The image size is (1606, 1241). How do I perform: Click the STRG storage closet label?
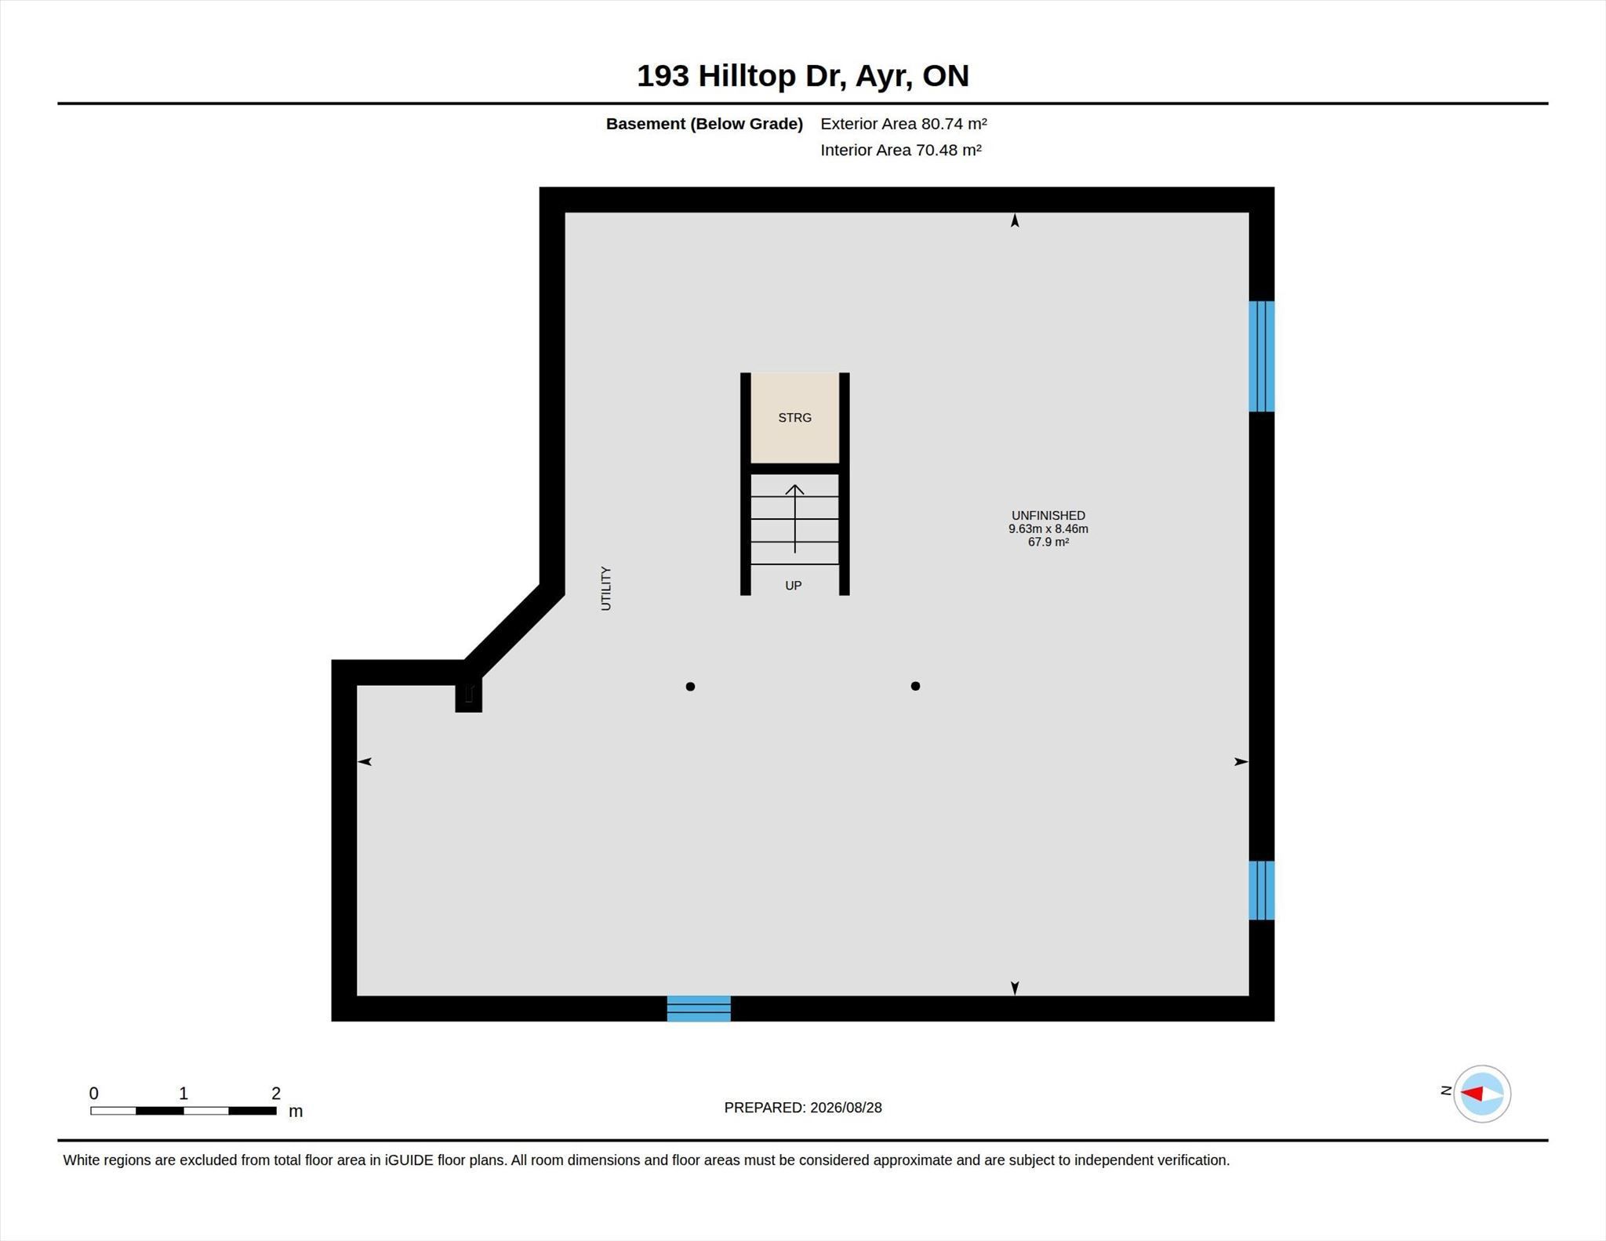pos(794,418)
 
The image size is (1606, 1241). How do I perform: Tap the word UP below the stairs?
pos(794,586)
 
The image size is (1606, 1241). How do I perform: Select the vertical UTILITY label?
pos(605,588)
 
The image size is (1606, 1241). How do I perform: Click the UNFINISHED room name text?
pos(1048,515)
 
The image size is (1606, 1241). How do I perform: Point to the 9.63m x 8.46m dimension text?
pos(1048,528)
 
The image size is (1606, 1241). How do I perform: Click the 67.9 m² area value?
pos(1048,542)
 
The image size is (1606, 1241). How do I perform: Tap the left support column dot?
pos(690,687)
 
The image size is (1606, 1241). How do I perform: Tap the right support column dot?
pos(915,686)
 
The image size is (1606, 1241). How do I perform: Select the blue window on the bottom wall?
pos(699,1008)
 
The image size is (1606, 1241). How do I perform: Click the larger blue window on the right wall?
pos(1262,356)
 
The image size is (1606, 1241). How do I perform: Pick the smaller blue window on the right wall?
pos(1262,890)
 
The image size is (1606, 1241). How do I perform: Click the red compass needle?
pos(1471,1094)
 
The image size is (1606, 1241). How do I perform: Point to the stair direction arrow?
pos(795,519)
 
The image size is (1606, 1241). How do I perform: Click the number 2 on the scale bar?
pos(276,1093)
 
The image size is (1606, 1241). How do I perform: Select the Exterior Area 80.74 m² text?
pos(903,124)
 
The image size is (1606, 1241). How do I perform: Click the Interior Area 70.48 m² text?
pos(901,150)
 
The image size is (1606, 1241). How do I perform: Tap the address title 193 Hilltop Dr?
pos(741,76)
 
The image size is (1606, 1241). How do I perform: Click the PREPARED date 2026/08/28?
pos(846,1108)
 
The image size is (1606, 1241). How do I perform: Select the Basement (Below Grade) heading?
pos(704,124)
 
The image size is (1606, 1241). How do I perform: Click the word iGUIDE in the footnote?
pos(409,1160)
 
